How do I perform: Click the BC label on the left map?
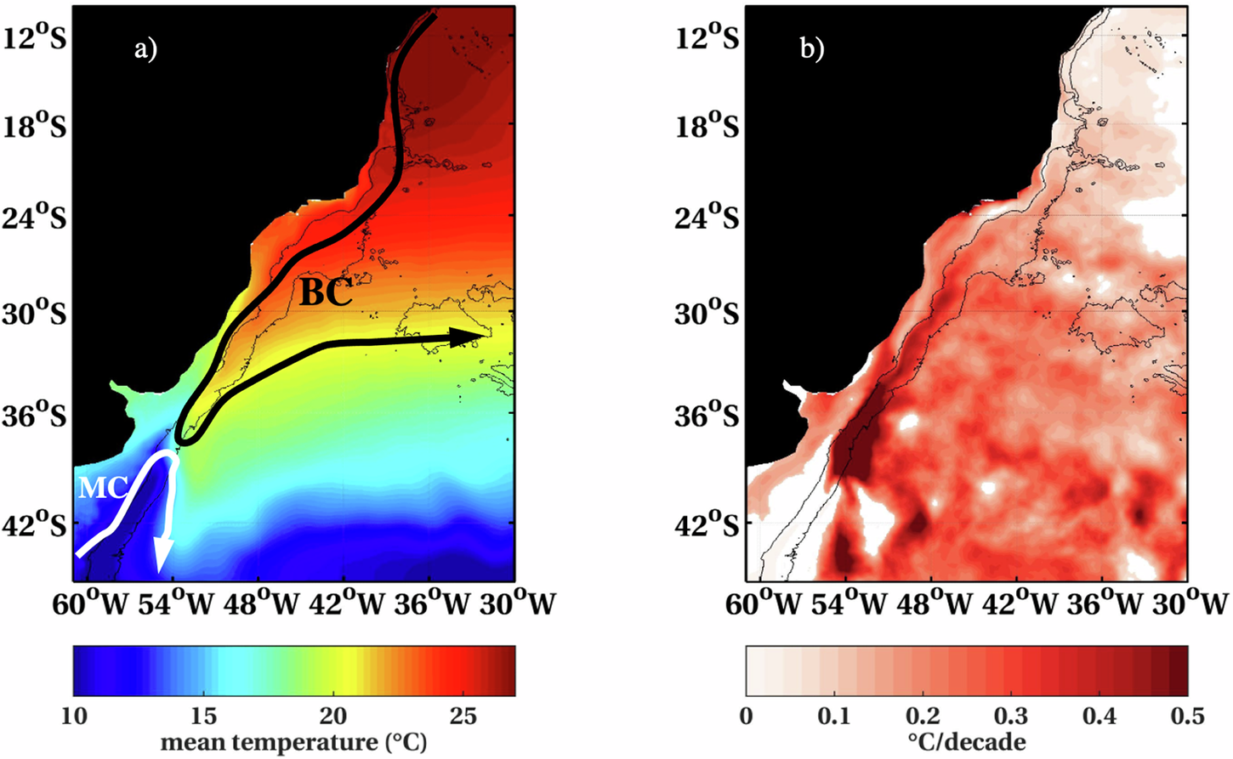pos(326,293)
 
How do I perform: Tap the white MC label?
pos(103,488)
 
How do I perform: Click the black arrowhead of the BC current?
pos(467,337)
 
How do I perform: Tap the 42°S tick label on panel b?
pos(707,524)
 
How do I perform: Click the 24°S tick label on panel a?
pos(35,217)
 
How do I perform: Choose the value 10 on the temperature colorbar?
pos(74,716)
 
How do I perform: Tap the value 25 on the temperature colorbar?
pos(463,716)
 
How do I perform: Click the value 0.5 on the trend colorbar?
pos(1187,716)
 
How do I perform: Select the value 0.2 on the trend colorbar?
pos(923,716)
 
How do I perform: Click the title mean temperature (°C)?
pos(293,742)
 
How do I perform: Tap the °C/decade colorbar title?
pos(967,742)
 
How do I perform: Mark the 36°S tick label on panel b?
pos(707,416)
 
